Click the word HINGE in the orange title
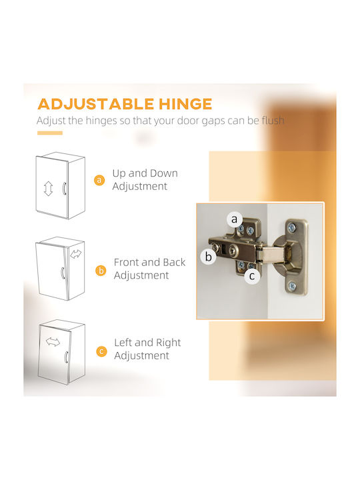coord(185,104)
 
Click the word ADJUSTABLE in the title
coord(95,104)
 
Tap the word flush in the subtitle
coord(273,120)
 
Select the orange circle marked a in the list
coord(99,180)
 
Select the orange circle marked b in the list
coord(101,271)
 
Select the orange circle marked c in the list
coord(101,351)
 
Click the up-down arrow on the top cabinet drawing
coord(48,189)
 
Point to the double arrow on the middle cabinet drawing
coord(75,254)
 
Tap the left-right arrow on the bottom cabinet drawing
coord(53,342)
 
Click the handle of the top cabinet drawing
coord(64,189)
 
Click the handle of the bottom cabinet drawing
coord(66,357)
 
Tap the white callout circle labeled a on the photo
coord(234,219)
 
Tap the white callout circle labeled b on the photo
coord(208,257)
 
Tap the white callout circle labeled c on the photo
coord(252,276)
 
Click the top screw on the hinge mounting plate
coord(292,228)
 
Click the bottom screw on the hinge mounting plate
coord(293,286)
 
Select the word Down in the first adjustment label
coord(164,173)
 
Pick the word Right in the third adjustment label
coord(169,343)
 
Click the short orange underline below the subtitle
coord(50,133)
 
